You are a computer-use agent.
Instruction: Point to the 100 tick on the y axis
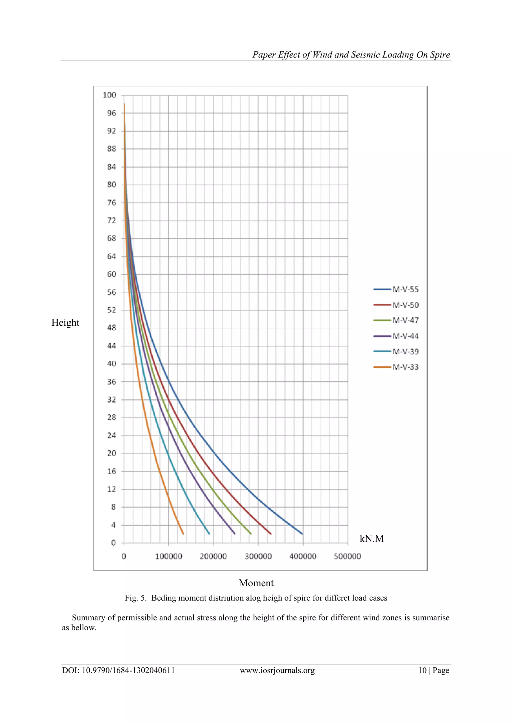pos(109,95)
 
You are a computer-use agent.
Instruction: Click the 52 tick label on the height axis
pos(111,310)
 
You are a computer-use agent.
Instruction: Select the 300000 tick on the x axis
pos(258,557)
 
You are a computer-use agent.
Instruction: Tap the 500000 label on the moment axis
pos(347,557)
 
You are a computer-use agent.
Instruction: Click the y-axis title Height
pos(65,323)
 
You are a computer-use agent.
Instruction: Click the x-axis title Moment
pos(256,583)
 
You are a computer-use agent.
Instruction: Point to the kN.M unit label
pos(371,539)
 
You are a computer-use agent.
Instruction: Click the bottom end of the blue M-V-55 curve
pos(302,534)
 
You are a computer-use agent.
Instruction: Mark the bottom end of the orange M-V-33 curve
pos(183,534)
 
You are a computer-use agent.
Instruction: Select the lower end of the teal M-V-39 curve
pos(209,534)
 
